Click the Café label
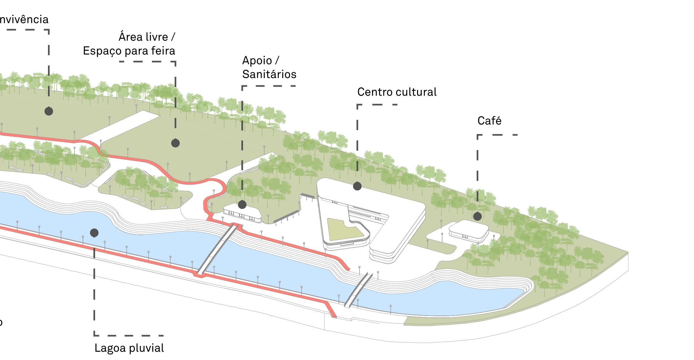[x=489, y=121]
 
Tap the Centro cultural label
[x=397, y=92]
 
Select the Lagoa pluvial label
[x=129, y=348]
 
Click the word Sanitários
[x=269, y=74]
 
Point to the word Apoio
[x=257, y=60]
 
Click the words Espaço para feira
[x=129, y=51]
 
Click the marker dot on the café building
[x=477, y=216]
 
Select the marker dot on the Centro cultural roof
[x=357, y=186]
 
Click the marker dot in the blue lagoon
[x=94, y=233]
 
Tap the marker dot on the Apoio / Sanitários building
[x=242, y=204]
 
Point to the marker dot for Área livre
[x=175, y=143]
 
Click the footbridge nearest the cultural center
[x=359, y=290]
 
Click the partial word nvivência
[x=24, y=20]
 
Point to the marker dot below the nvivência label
[x=49, y=111]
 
